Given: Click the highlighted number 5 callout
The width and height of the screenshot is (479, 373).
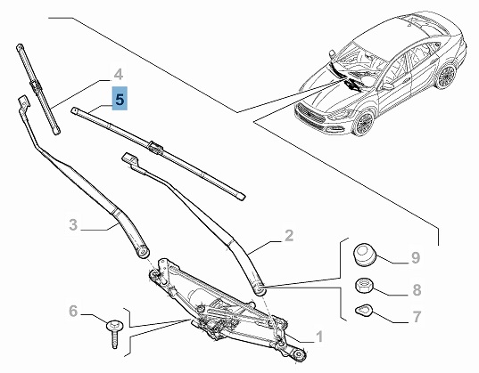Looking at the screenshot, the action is point(120,99).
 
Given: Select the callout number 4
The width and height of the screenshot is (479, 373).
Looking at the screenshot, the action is point(119,75).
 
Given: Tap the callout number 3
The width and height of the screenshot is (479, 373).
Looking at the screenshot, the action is point(73,224).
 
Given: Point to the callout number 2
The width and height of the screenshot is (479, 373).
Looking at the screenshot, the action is point(289,235).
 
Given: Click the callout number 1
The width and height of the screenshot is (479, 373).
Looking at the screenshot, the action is point(319,337).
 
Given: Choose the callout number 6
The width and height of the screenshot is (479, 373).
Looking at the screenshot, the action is point(73,311).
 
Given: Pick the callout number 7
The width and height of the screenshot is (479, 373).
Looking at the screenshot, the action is point(417,316).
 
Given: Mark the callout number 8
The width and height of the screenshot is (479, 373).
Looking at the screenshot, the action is point(417,289).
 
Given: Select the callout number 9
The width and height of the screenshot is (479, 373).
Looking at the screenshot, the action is point(416,257).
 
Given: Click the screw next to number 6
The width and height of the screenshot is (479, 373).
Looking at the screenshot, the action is point(114,333).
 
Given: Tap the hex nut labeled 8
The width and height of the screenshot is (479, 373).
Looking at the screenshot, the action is point(364,286).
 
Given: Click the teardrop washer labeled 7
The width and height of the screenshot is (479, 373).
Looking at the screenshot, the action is point(364,310).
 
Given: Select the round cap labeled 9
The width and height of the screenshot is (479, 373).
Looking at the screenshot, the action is point(365,255).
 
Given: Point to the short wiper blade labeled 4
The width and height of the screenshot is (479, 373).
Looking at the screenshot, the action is point(37,89).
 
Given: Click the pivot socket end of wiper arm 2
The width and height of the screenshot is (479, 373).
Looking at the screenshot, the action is point(260,288).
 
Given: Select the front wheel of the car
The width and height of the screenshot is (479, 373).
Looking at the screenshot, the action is point(364,123).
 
